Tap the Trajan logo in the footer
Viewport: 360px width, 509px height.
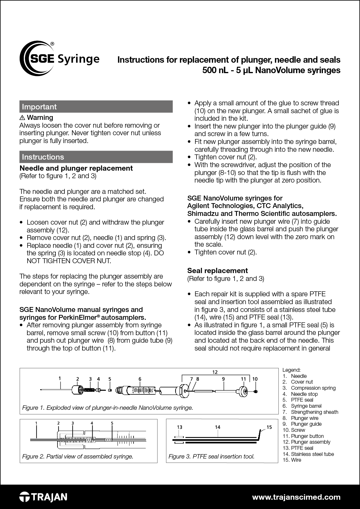(x=43, y=497)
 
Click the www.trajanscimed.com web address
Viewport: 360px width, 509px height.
(x=296, y=497)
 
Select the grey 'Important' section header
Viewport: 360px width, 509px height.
(x=96, y=107)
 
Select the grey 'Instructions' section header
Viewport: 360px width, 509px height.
(x=96, y=157)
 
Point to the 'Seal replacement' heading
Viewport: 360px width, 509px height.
(x=217, y=271)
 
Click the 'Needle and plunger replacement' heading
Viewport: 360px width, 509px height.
(x=76, y=168)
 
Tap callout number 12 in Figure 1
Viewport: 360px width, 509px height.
(x=215, y=372)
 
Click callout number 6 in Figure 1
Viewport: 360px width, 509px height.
(x=140, y=379)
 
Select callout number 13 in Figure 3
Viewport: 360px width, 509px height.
(x=179, y=427)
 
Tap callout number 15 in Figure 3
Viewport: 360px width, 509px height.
(x=269, y=427)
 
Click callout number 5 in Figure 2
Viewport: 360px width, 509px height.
(x=112, y=423)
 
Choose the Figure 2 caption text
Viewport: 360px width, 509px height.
(x=78, y=456)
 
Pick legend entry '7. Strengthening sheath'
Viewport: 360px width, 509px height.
(x=310, y=412)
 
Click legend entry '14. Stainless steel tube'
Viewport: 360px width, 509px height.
(x=308, y=454)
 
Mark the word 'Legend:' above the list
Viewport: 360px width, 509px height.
(x=291, y=370)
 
